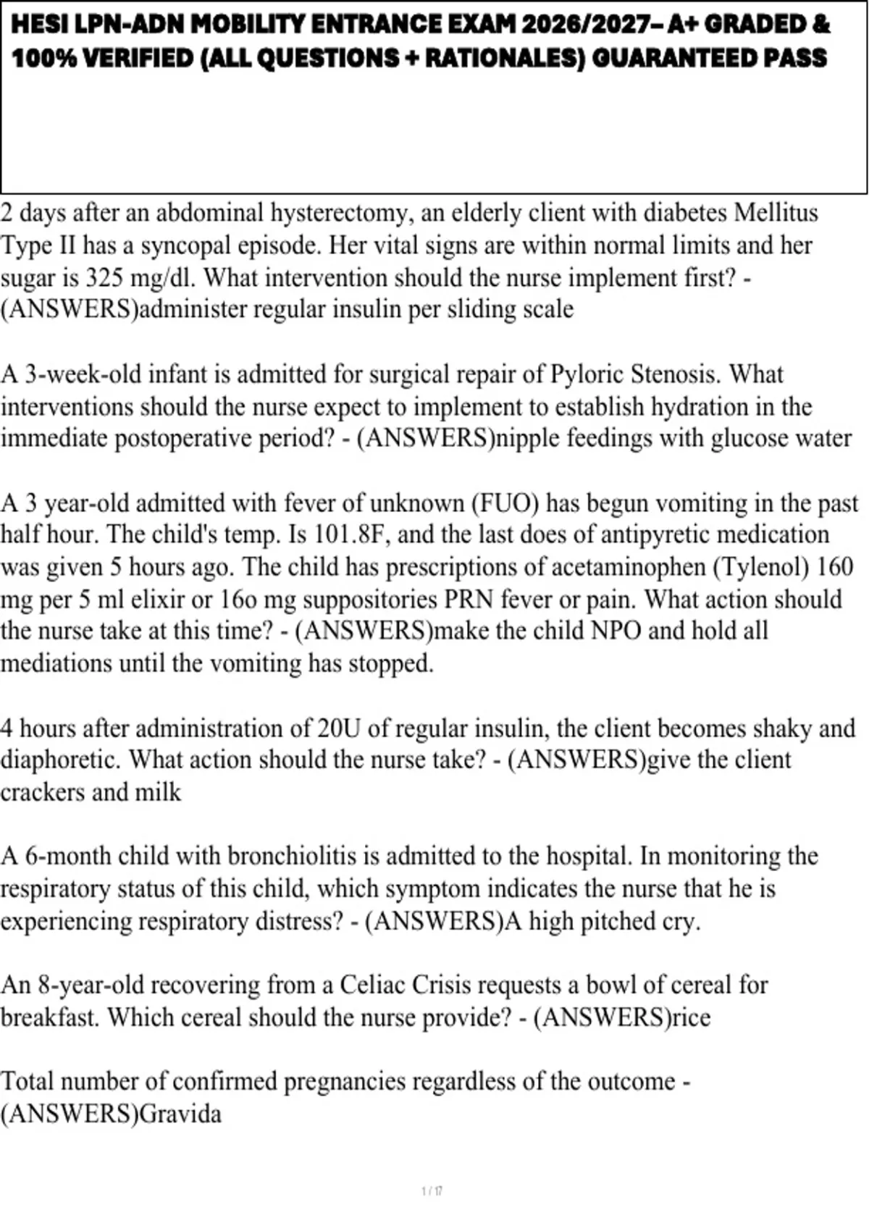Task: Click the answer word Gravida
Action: point(180,1114)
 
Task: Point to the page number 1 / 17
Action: point(432,1190)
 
